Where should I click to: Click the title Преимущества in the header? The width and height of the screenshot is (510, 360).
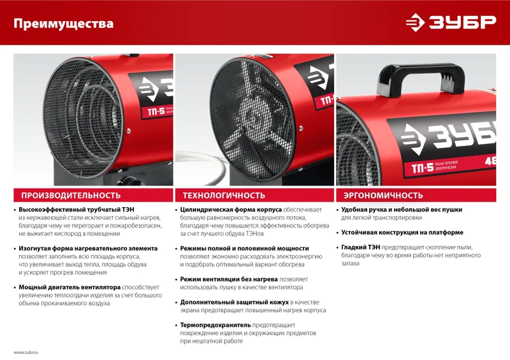click(63, 24)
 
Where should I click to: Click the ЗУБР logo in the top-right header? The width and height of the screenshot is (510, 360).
click(451, 22)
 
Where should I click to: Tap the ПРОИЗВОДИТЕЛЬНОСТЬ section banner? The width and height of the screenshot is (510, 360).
click(93, 196)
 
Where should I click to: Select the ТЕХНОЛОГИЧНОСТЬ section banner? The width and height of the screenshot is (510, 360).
click(254, 196)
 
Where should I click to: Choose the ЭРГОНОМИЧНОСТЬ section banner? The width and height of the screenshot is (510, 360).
click(416, 196)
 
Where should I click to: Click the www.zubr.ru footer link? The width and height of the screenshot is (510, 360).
click(25, 352)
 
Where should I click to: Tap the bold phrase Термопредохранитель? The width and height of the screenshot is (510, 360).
click(215, 325)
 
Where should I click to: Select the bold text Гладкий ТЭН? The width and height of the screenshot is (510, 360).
click(360, 247)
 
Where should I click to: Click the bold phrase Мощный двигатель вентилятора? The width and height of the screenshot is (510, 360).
click(69, 287)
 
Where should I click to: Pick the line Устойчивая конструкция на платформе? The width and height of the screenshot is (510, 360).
click(402, 233)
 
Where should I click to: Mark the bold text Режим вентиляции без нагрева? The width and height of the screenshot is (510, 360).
click(229, 279)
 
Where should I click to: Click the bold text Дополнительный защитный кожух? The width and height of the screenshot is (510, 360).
click(234, 303)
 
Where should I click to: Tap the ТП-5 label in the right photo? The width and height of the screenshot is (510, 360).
click(423, 168)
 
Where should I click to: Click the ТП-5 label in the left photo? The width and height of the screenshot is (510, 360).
click(156, 112)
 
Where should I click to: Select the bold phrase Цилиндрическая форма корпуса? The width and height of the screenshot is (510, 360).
click(231, 210)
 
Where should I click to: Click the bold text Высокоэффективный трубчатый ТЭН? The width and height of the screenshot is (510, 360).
click(76, 210)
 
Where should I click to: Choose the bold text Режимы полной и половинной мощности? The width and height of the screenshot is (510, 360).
click(244, 248)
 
